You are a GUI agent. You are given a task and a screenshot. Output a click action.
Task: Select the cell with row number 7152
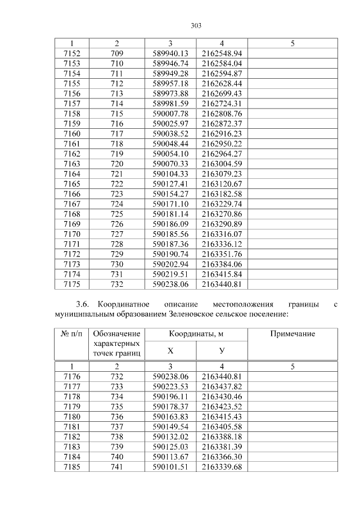click(x=71, y=53)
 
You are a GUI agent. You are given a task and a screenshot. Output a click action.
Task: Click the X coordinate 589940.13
click(x=170, y=53)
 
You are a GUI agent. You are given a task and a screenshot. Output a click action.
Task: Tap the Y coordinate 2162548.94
click(x=222, y=53)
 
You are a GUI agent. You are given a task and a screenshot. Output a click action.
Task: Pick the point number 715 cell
click(x=116, y=114)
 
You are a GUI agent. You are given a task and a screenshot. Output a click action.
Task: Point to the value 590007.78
click(x=170, y=114)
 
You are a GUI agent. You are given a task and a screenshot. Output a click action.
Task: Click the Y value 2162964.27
click(x=222, y=154)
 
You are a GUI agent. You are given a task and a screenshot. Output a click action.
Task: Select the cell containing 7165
click(x=71, y=184)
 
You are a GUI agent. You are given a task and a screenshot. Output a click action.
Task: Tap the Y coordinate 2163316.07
click(x=222, y=234)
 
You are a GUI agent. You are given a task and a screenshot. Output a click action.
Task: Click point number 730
click(x=116, y=264)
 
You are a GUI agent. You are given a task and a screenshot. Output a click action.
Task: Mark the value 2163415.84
click(x=222, y=274)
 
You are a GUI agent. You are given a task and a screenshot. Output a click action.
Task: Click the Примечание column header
click(x=292, y=334)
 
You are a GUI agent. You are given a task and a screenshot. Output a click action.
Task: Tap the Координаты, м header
click(x=196, y=334)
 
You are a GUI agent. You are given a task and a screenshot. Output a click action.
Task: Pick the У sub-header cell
click(x=222, y=350)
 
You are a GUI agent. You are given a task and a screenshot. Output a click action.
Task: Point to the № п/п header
click(x=71, y=334)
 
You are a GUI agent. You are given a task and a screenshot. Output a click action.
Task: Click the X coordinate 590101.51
click(x=170, y=467)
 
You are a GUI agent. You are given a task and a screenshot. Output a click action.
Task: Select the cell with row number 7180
click(x=71, y=417)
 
